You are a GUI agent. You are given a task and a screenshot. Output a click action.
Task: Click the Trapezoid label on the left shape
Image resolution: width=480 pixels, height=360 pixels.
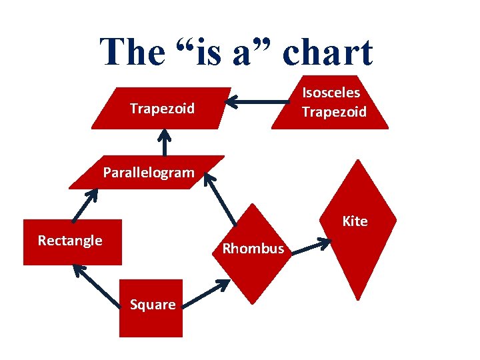tap(162, 108)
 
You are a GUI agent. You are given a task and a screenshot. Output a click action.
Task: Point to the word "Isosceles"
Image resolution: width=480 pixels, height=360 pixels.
tap(331, 93)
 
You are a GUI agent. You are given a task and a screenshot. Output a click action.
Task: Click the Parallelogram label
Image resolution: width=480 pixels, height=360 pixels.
tap(149, 173)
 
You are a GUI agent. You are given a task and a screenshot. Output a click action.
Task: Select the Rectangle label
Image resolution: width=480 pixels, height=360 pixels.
tap(70, 241)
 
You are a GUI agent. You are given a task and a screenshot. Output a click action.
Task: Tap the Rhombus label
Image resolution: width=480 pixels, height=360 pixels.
tap(253, 249)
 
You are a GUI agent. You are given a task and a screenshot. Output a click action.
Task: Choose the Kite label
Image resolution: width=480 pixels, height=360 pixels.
tap(355, 221)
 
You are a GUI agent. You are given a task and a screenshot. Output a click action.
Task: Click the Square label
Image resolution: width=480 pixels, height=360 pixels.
tap(153, 305)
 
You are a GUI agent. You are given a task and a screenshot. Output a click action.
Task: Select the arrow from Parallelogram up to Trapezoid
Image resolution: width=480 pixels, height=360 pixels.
tap(164, 143)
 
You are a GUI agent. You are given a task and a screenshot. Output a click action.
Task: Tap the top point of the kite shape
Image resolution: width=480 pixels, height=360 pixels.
tap(359, 160)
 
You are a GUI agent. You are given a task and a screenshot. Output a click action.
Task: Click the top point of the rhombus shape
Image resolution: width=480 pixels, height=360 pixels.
tap(253, 205)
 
